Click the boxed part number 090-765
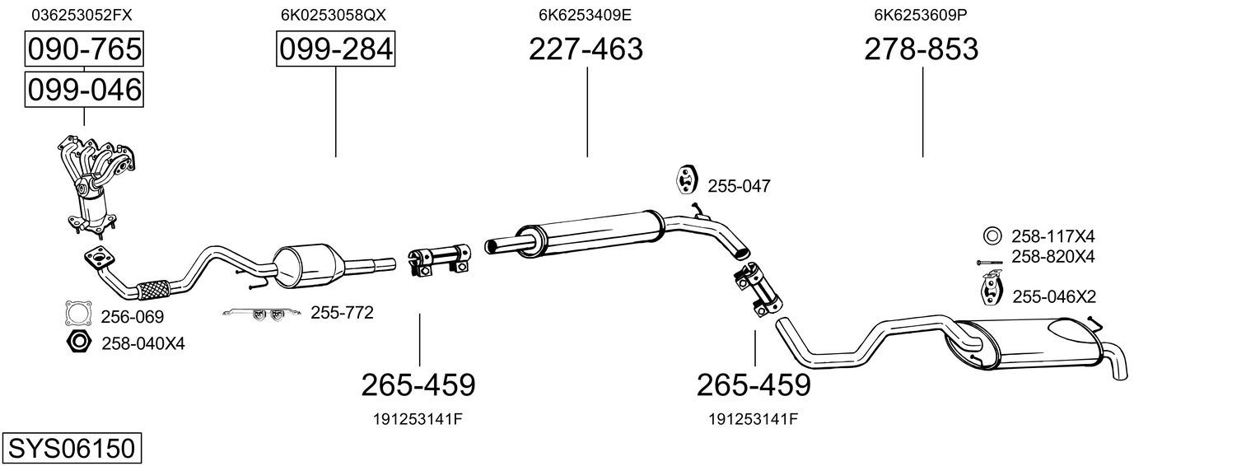[x=83, y=49]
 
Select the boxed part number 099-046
[x=83, y=89]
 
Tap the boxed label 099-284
[x=335, y=49]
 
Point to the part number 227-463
[x=586, y=49]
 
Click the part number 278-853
[x=921, y=49]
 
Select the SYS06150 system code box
[x=71, y=449]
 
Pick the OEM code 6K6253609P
[x=922, y=15]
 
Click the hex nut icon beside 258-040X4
[x=77, y=342]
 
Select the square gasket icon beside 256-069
[x=77, y=315]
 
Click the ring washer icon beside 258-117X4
[x=992, y=235]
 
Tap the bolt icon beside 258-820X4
[x=989, y=262]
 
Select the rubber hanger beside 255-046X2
[x=990, y=290]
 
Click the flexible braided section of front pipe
[x=153, y=289]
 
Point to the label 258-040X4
[x=142, y=343]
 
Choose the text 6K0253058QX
[x=333, y=15]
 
